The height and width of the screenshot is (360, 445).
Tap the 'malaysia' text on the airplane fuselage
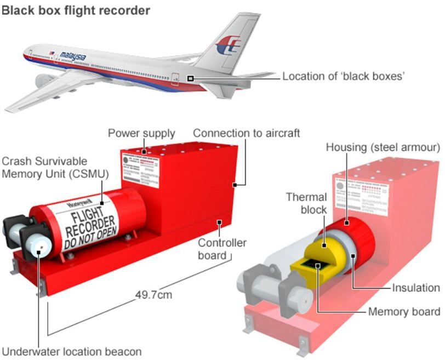click(x=73, y=56)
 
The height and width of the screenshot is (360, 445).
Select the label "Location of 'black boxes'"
click(x=344, y=76)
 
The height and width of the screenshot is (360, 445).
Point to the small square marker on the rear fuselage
click(x=190, y=79)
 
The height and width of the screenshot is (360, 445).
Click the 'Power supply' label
click(x=141, y=133)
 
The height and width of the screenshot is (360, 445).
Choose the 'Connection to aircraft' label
click(x=247, y=133)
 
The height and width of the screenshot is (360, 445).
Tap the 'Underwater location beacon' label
click(x=72, y=351)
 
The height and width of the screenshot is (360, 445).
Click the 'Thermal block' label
click(x=306, y=203)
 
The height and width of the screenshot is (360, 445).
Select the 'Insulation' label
click(x=416, y=288)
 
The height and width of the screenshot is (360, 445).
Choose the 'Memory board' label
click(x=404, y=312)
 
